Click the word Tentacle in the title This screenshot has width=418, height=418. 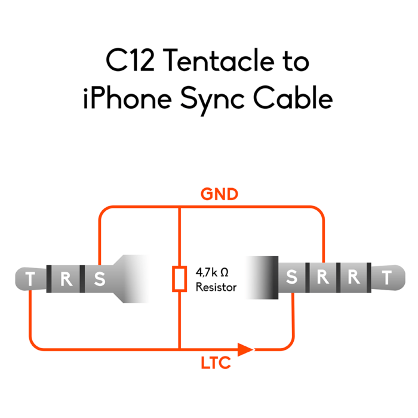pos(218,61)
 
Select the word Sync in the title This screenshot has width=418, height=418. pos(216,99)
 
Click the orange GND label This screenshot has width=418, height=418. pos(219,194)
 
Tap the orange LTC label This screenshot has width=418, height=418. pos(216,363)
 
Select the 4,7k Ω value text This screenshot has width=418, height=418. pos(213,273)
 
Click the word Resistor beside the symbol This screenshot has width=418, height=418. pos(216,287)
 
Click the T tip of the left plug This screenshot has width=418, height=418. pos(30,279)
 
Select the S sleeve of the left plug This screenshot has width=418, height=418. pos(100,279)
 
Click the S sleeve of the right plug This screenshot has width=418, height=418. pos(292,278)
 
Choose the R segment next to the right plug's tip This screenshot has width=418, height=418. pos(355,278)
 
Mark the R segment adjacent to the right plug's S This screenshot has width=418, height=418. pos(323,278)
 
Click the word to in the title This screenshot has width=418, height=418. pos(296,61)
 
